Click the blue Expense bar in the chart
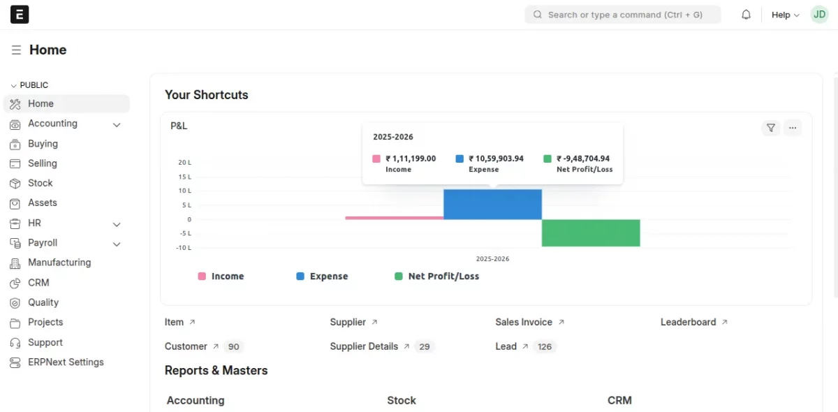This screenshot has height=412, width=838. (x=492, y=205)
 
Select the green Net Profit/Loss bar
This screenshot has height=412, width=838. (x=591, y=233)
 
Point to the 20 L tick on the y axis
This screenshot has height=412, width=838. (x=184, y=163)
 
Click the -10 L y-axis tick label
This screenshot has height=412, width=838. (x=184, y=248)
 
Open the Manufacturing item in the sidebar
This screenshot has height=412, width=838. (x=59, y=263)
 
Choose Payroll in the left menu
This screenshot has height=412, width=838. (x=43, y=243)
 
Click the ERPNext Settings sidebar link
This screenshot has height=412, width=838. (x=66, y=362)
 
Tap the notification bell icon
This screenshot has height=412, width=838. (x=746, y=15)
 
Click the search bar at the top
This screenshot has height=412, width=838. (x=622, y=15)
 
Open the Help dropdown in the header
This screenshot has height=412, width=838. (x=785, y=15)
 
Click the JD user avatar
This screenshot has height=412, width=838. (x=819, y=15)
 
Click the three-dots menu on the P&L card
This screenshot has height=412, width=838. (x=792, y=128)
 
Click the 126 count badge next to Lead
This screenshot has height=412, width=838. (x=545, y=347)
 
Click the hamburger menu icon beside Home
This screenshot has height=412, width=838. (x=16, y=50)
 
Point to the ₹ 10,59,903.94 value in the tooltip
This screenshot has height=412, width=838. (x=496, y=159)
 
